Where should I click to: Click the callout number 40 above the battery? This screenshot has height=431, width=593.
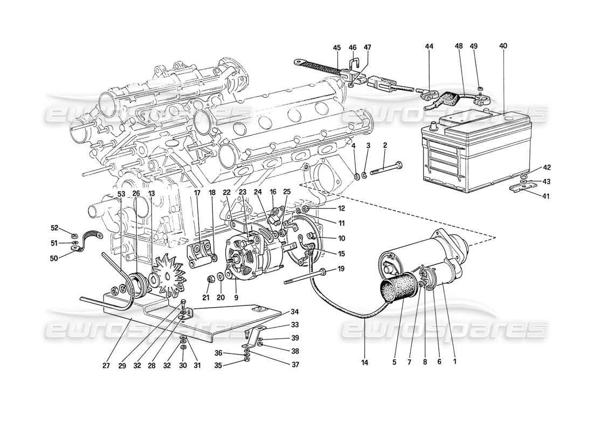[x=503, y=46]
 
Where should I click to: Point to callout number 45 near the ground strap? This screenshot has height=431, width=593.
[x=337, y=47]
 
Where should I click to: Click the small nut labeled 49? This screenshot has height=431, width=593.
[x=480, y=88]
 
